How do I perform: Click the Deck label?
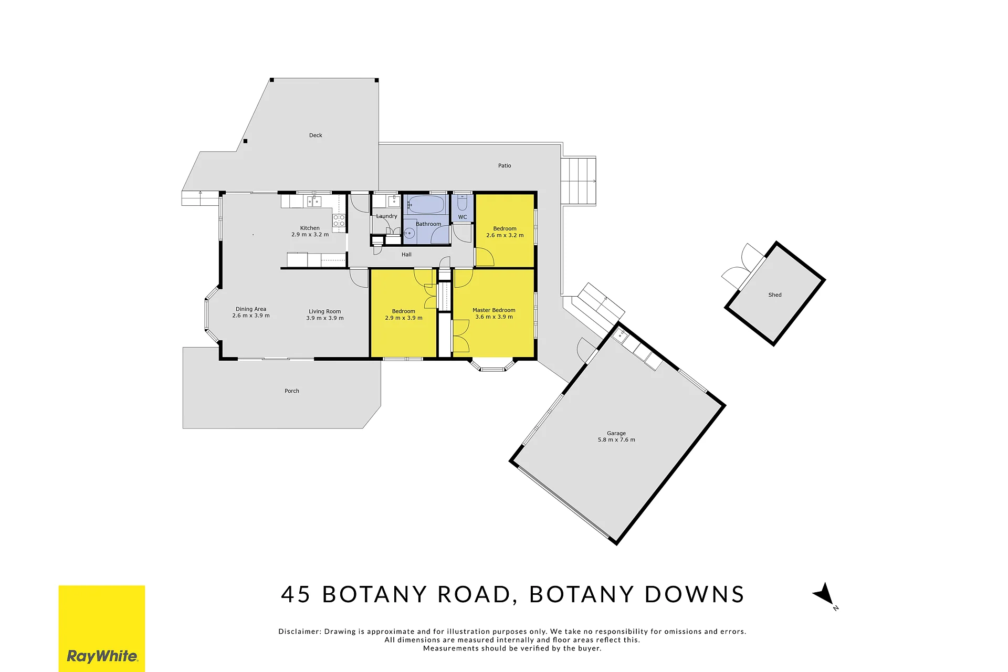coord(316,135)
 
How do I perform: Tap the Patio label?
coord(505,166)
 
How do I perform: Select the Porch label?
coord(292,391)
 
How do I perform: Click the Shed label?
coord(775,295)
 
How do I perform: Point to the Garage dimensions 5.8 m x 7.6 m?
coord(616,440)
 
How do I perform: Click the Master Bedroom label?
coord(494,310)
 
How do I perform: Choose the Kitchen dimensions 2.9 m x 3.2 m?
coord(310,235)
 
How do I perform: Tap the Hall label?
coord(407,255)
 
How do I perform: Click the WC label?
coord(463,217)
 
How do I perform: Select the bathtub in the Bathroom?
coord(426,204)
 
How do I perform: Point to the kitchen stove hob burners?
coord(339,220)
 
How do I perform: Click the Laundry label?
coord(387,216)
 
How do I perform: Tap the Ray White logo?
coord(102,628)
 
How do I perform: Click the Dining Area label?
coord(251,309)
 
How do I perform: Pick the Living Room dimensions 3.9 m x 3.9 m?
coord(325,318)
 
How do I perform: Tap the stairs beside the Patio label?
coord(579,181)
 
